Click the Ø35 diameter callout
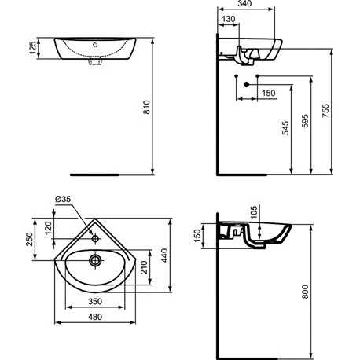63,199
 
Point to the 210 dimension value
143,272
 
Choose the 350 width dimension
96,301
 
